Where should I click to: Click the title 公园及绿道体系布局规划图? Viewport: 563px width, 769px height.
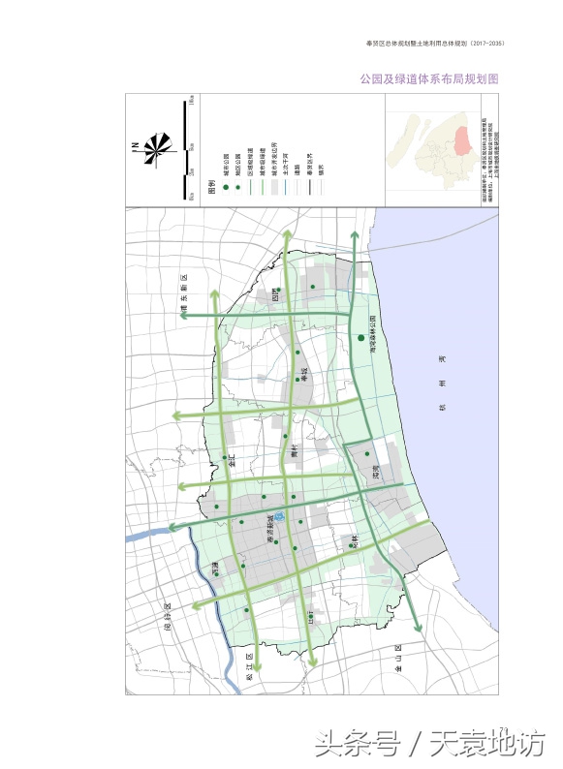pos(428,78)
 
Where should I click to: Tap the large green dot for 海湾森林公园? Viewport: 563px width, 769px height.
pos(360,338)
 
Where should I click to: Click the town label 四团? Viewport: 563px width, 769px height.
pos(275,293)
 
